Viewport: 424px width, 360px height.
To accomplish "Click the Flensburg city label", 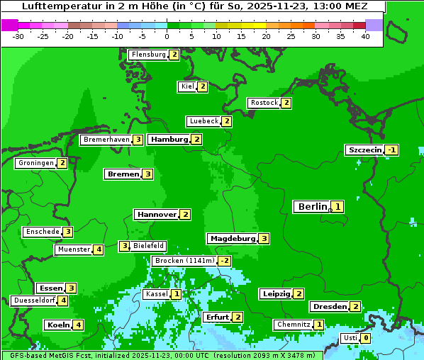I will (148, 55).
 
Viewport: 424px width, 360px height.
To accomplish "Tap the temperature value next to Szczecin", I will (391, 150).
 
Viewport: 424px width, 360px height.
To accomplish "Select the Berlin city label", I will (312, 207).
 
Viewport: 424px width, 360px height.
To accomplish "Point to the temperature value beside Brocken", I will (224, 261).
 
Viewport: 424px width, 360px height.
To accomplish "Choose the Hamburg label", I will (169, 140).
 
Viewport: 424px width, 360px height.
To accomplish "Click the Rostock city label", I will (264, 103).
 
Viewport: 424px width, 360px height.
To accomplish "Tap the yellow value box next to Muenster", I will (98, 249).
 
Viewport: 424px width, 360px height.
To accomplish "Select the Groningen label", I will (35, 163).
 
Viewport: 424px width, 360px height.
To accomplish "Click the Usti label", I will (350, 338).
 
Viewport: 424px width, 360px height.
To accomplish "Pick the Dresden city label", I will (329, 307).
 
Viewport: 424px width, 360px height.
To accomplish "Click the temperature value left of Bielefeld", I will (124, 246).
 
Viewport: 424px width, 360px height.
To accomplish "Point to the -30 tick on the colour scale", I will (18, 35).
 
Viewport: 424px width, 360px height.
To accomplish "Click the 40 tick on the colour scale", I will (365, 35).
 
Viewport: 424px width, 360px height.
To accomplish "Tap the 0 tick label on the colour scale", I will (167, 35).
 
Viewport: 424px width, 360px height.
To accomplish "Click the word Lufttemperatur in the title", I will (55, 6).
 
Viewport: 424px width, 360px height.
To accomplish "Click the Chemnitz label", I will (293, 325).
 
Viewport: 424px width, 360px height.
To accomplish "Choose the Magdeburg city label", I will (233, 239).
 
